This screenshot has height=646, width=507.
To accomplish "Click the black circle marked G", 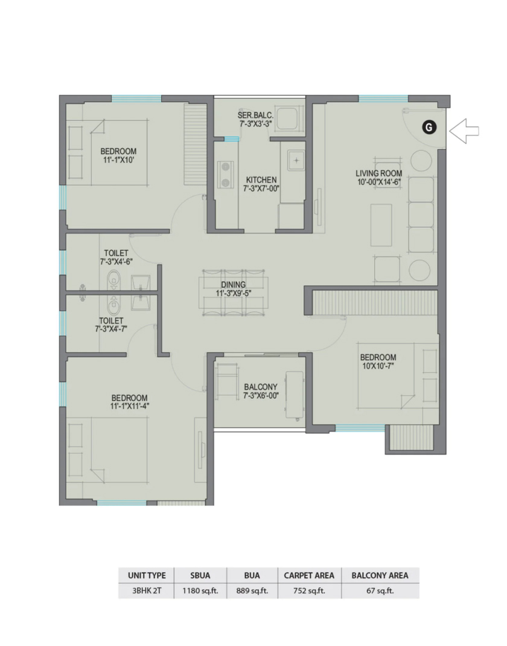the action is coord(429,128).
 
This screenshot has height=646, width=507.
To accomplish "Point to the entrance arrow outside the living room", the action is coord(464,131).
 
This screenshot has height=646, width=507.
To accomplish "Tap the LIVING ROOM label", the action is coord(378,173).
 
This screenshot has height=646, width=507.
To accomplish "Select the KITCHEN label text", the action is coord(261,180).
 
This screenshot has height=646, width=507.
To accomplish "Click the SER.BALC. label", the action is coord(255,115).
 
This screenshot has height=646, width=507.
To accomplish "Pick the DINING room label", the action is coord(234,285).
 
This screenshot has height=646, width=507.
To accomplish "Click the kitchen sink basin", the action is coord(296,160).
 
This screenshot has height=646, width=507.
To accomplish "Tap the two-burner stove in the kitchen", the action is coord(225,174).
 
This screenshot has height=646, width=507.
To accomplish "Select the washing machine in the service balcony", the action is coord(287,119).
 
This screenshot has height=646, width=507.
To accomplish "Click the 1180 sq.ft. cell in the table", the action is coord(200,591).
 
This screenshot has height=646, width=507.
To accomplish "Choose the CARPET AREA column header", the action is coord(309,575).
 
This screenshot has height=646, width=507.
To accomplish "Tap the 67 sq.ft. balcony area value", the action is coord(380,591).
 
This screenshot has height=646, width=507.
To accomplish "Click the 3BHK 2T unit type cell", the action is coord(147,591).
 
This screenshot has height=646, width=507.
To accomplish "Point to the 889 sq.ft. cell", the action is coord(252,591).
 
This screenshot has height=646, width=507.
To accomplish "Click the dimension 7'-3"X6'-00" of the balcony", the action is coord(261,396).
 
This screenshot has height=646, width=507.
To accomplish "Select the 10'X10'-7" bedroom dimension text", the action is coord(378,366).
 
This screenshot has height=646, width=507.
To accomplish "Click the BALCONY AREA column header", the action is coord(380,575).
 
